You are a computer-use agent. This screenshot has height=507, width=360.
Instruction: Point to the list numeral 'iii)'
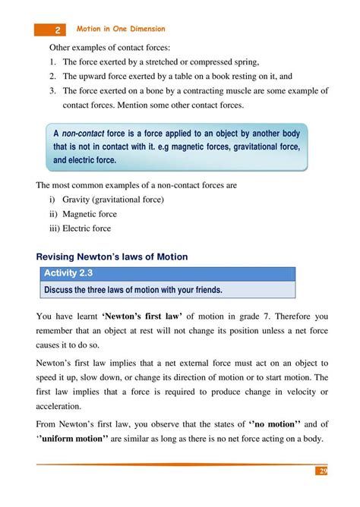(x=54, y=228)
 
